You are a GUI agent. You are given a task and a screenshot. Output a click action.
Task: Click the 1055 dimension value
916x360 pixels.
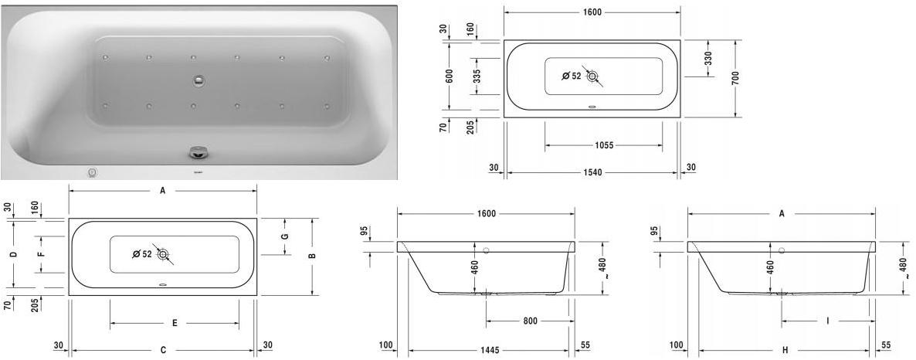pos(603,145)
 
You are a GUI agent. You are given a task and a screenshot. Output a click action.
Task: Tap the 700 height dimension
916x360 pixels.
pos(735,77)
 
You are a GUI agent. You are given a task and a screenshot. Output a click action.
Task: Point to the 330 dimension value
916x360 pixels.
pos(708,58)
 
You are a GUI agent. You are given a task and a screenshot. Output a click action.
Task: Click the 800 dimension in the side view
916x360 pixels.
pos(529,321)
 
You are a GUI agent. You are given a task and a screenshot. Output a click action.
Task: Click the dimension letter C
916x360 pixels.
pos(163,350)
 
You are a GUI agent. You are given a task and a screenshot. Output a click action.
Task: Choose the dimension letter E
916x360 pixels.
pos(175,323)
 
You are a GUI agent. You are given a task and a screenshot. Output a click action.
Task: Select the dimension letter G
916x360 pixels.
pos(284,236)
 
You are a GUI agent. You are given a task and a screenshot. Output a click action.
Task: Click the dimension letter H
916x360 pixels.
pos(785,350)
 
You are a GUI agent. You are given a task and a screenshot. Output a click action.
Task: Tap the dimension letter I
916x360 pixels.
pos(827,321)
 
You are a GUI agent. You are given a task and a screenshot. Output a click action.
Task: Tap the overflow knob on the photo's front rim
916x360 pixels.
pos(194,152)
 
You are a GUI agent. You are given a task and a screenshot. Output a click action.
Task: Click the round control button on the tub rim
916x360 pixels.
pos(93,172)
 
